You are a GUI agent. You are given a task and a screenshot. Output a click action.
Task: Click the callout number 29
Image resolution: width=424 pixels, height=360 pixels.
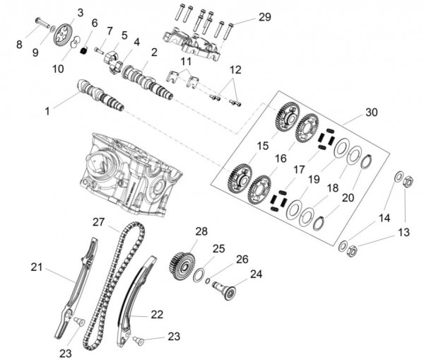pyautogui.click(x=245, y=16)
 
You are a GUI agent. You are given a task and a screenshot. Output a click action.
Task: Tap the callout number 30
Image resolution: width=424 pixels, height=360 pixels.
pyautogui.click(x=372, y=112)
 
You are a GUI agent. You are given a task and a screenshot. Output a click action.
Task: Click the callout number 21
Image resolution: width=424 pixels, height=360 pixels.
pyautogui.click(x=37, y=267)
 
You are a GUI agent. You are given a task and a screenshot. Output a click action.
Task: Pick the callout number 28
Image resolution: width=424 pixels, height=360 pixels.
pyautogui.click(x=201, y=232)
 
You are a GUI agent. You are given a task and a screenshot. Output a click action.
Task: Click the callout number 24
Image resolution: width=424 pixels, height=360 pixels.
pyautogui.click(x=256, y=274)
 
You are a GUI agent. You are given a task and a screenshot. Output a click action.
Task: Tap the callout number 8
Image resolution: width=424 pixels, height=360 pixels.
pyautogui.click(x=19, y=44)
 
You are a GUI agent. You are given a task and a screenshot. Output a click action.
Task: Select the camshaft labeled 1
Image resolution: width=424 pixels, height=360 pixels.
pyautogui.click(x=102, y=96)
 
